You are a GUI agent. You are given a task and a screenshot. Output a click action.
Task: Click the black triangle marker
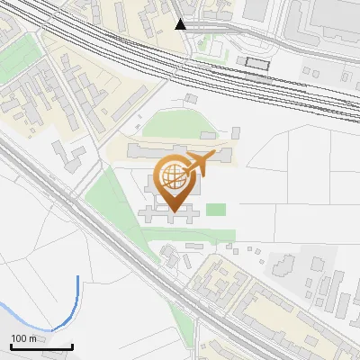(x=182, y=24)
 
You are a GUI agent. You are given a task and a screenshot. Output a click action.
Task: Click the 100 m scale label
(x=23, y=338)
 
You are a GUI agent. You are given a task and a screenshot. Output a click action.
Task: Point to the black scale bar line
(x=40, y=346)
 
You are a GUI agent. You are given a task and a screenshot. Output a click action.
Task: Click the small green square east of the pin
(x=216, y=210)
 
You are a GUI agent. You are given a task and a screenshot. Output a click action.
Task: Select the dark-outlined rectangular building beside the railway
(x=257, y=63)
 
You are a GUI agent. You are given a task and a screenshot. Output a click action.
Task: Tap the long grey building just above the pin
(x=175, y=148)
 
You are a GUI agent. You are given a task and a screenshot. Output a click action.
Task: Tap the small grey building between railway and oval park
(x=191, y=96)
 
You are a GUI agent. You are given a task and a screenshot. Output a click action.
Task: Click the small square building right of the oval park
(x=236, y=130)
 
